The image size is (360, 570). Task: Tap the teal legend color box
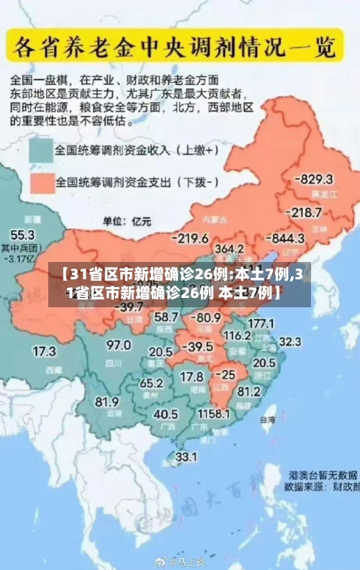(41, 150)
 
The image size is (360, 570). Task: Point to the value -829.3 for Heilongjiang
(315, 178)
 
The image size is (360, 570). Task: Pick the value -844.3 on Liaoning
(286, 238)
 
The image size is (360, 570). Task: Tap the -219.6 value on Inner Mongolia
(190, 238)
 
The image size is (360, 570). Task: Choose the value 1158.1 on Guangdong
(214, 415)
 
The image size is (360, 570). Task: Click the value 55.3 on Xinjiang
(22, 235)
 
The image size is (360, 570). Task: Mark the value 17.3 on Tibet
(44, 352)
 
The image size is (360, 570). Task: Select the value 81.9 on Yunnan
(107, 402)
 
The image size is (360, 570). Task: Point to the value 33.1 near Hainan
(186, 456)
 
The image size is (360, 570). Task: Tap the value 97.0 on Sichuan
(119, 345)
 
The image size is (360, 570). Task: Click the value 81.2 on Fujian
(249, 392)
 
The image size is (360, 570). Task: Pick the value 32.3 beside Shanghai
(290, 341)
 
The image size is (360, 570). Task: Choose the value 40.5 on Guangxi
(166, 415)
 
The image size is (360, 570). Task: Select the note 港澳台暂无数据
(323, 475)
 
